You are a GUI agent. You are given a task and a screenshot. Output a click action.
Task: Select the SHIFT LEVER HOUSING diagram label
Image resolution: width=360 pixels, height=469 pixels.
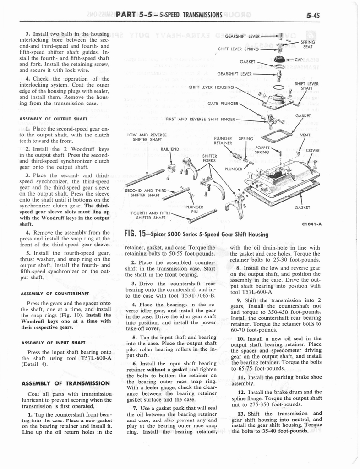point(211,87)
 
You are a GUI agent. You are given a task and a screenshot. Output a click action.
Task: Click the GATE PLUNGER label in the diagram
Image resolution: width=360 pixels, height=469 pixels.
point(223,104)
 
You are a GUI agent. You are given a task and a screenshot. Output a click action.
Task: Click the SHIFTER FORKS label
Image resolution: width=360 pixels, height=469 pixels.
point(209,158)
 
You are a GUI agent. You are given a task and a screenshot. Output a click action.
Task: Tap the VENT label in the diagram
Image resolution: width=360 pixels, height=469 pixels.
point(305,135)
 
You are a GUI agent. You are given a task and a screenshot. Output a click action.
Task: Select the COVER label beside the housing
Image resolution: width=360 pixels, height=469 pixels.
point(313,151)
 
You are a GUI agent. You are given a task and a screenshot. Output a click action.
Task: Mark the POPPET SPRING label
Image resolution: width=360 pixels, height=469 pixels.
point(262,150)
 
